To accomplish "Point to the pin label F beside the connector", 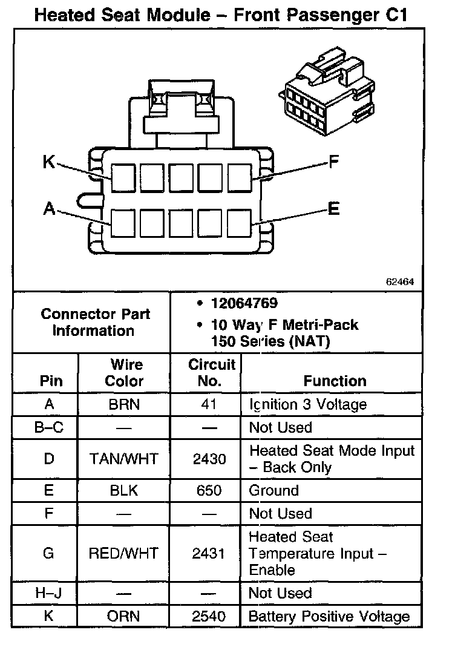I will (x=333, y=162).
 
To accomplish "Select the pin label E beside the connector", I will (x=333, y=209).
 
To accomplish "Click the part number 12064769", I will (x=244, y=303).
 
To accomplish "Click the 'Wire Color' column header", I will (x=125, y=373).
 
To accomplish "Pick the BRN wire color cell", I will (x=125, y=404).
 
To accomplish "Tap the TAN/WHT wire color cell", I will (x=125, y=459).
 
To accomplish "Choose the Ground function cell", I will (x=274, y=490).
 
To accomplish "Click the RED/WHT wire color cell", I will (x=125, y=553).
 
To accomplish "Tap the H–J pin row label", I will (x=48, y=594).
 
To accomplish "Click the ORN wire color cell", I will (x=125, y=617).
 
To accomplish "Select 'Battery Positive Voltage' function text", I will (x=330, y=617).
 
